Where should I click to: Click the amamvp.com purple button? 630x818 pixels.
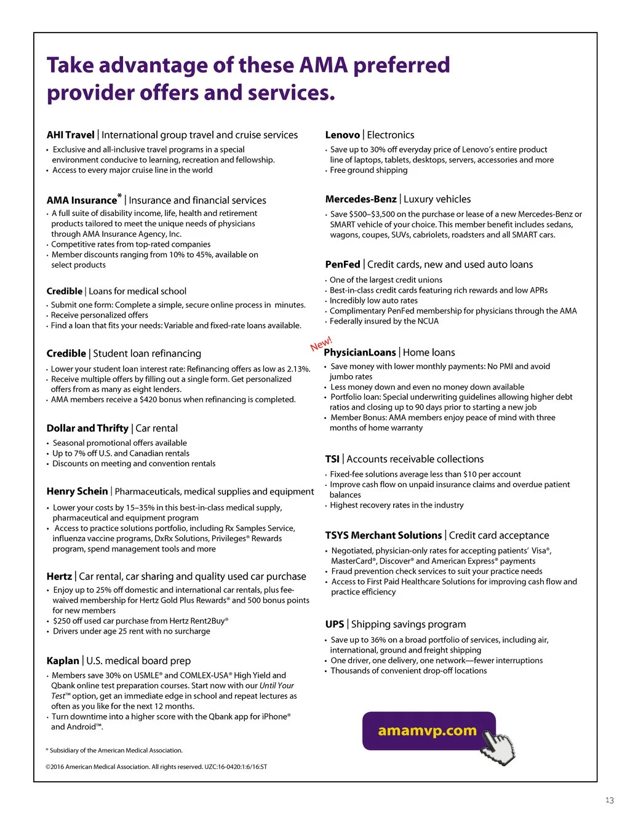(428, 731)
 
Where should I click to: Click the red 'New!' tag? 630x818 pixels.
(321, 343)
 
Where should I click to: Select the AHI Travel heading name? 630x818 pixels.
(70, 135)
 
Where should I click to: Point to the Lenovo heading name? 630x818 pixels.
(342, 135)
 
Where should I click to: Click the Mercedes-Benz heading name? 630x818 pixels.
(361, 199)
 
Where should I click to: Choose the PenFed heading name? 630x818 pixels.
(343, 264)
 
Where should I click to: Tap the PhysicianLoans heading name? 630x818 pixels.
(360, 352)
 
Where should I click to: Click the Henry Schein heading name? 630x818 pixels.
(77, 491)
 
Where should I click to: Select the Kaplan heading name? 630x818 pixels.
(63, 661)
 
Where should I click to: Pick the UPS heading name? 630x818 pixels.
(335, 624)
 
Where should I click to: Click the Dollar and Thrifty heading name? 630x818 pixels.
(87, 428)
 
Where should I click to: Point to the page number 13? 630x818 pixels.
(609, 800)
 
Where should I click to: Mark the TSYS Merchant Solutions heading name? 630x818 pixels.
(383, 536)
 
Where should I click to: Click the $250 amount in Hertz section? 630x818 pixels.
(62, 621)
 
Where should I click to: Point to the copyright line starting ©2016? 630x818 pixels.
(156, 767)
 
